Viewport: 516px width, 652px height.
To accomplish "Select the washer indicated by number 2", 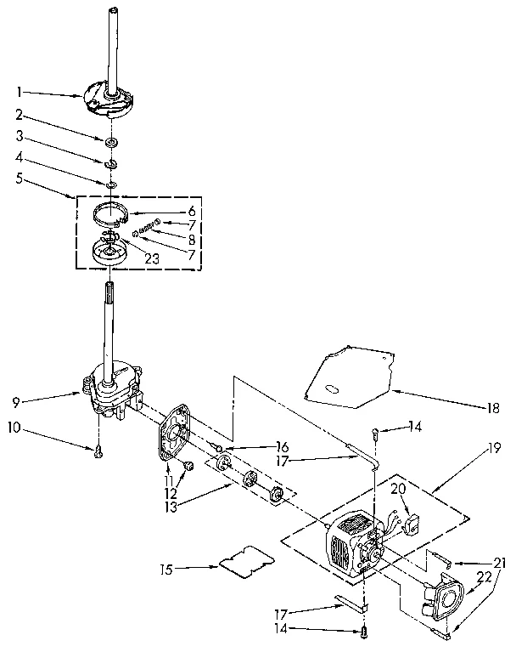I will point(112,139).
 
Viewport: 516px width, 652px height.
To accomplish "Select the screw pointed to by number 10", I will point(98,453).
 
